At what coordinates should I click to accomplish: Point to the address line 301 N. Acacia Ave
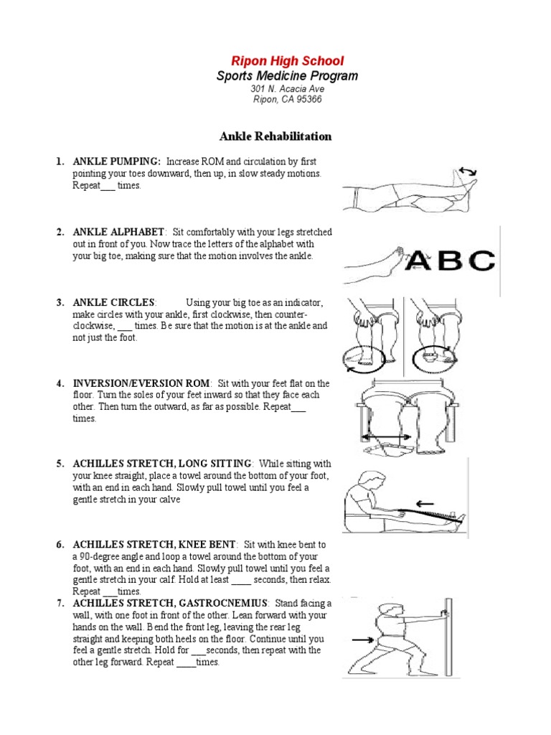coord(277,89)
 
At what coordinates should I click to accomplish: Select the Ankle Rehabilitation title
coord(275,136)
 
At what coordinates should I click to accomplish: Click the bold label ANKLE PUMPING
coord(116,162)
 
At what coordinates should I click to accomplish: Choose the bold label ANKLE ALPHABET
coord(119,233)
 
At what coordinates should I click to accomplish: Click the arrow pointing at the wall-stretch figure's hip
coord(362,638)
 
